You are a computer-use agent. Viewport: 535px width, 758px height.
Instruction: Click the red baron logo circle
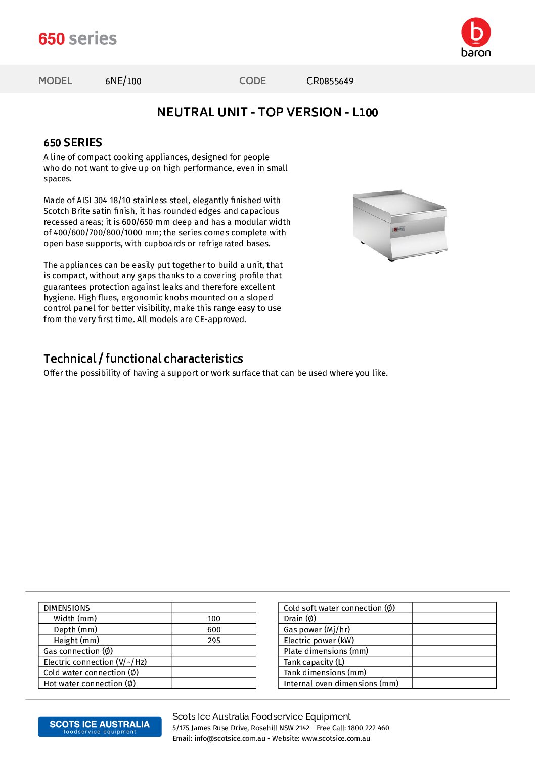click(x=476, y=32)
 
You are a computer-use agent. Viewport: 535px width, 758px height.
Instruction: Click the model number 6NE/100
click(x=123, y=81)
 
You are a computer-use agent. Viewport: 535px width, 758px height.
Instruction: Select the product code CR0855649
click(x=330, y=81)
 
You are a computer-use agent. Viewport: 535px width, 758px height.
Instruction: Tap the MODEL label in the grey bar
click(x=56, y=81)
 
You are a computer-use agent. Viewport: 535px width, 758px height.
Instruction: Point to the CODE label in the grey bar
click(x=252, y=81)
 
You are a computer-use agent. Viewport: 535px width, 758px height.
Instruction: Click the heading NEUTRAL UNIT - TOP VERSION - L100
click(x=267, y=112)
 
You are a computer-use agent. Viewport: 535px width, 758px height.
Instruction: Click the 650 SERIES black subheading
click(x=73, y=143)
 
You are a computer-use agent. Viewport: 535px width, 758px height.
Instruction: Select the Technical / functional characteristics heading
click(x=143, y=358)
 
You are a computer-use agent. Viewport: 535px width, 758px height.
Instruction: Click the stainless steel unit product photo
click(x=399, y=225)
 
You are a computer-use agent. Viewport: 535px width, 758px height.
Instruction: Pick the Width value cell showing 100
click(x=214, y=619)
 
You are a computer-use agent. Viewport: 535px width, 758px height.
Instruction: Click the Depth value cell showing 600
click(x=214, y=630)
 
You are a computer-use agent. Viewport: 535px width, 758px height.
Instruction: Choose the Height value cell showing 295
click(x=214, y=641)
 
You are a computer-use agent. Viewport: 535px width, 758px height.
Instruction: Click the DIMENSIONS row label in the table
click(x=67, y=608)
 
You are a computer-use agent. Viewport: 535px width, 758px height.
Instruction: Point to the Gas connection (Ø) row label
click(x=78, y=651)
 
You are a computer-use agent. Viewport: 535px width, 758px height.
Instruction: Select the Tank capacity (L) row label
click(x=314, y=662)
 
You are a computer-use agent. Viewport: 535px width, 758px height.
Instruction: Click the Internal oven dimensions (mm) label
click(x=341, y=684)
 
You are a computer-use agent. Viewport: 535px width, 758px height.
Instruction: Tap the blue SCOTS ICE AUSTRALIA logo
click(x=100, y=727)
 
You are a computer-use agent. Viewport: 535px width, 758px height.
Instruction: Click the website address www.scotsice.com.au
click(x=336, y=739)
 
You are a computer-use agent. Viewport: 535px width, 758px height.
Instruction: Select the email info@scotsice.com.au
click(x=230, y=739)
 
